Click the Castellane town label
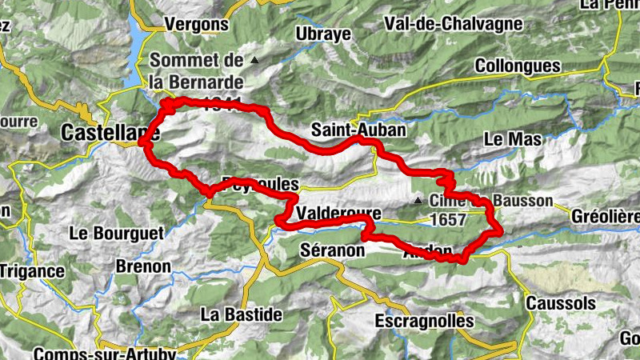(x=110, y=131)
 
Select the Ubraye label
(x=323, y=34)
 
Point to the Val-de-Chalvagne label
(x=453, y=24)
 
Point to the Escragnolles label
(x=424, y=321)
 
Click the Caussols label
(x=561, y=303)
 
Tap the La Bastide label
(x=241, y=314)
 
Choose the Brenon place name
(x=143, y=266)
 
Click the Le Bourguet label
(x=116, y=234)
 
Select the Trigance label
(x=32, y=270)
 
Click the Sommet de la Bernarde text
(x=196, y=71)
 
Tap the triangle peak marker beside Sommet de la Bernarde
(x=254, y=60)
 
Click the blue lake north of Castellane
(x=138, y=48)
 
